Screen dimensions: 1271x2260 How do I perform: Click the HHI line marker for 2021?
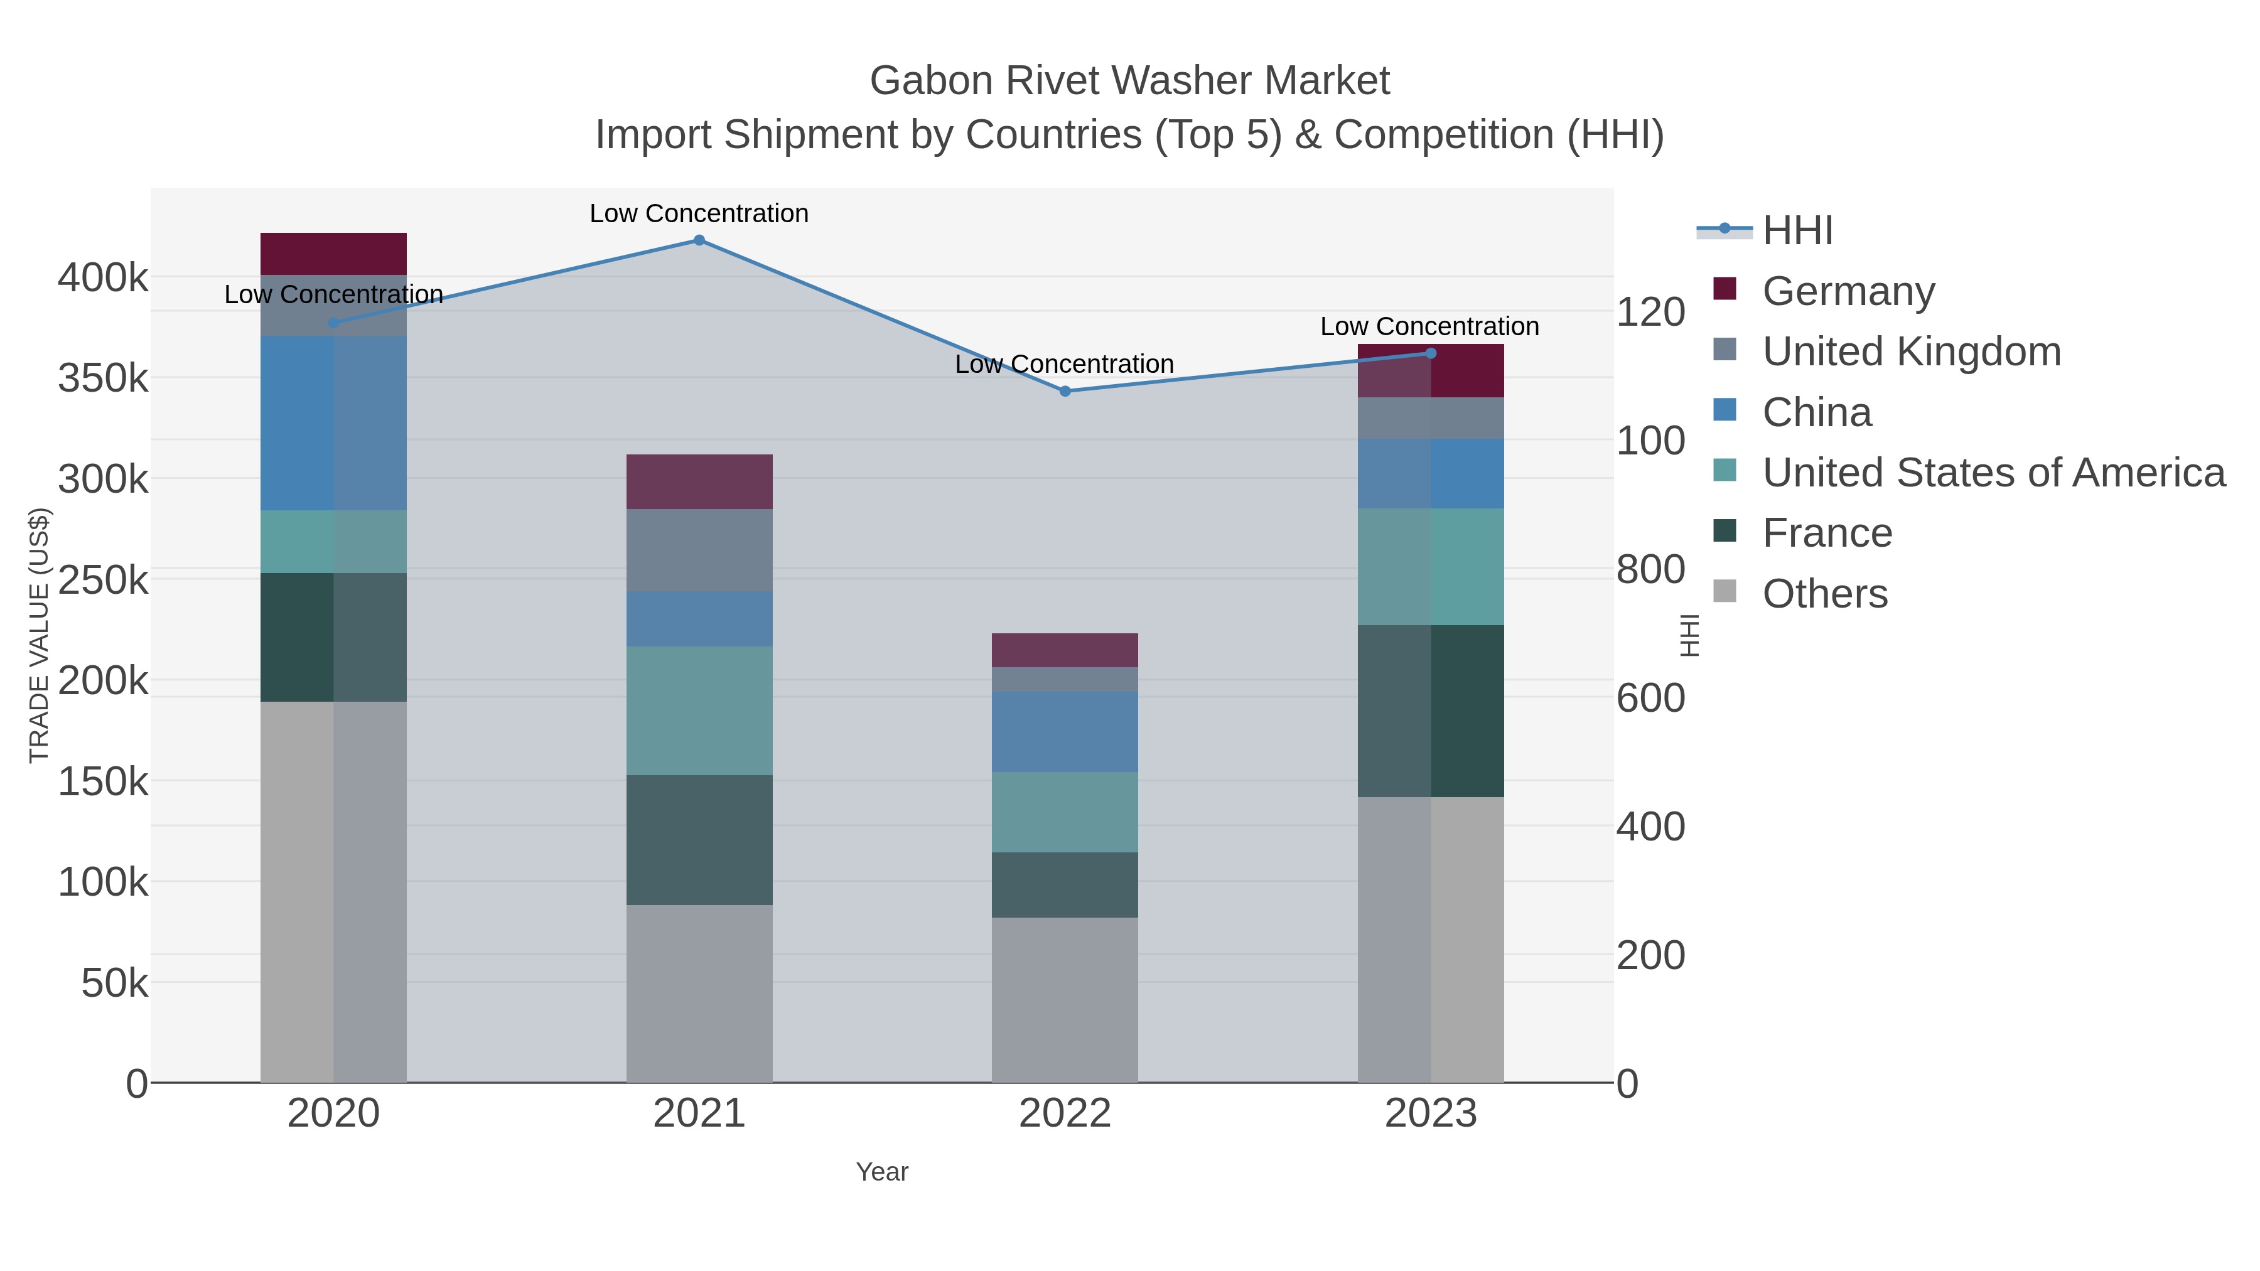699,240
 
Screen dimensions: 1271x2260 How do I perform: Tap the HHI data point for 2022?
1065,391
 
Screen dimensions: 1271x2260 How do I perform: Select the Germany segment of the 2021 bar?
699,481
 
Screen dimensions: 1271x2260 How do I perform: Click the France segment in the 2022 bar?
1065,885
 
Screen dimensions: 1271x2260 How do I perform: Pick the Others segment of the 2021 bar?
699,993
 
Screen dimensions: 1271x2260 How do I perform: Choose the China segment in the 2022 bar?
1065,732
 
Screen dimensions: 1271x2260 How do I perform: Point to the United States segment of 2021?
699,711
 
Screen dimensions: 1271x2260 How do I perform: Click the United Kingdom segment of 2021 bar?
699,550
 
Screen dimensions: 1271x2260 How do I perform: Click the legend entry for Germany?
1848,291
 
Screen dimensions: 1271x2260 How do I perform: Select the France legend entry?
1827,534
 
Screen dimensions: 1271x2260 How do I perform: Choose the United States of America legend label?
1993,473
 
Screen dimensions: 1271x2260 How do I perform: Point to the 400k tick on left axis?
103,278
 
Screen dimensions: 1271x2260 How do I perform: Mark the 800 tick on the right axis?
1650,569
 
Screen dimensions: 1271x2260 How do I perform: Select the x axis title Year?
882,1172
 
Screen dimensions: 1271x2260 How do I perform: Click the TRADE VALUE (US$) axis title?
40,635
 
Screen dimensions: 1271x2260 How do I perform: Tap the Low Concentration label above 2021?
699,213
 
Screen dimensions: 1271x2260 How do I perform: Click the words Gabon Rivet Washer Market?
1129,81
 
